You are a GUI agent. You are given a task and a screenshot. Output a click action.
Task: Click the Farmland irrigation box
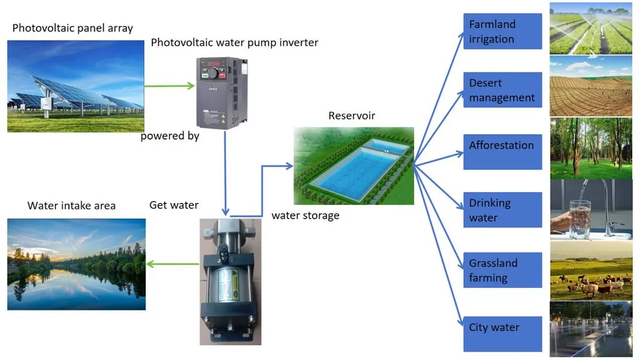502,31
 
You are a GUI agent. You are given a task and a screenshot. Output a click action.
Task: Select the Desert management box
502,90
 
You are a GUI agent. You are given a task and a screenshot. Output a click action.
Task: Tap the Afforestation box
502,152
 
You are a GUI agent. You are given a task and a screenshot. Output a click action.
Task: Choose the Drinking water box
502,210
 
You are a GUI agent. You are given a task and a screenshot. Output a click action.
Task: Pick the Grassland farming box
502,270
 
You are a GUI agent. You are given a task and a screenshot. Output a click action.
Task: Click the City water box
502,333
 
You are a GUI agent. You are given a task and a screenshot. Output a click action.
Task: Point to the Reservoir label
352,115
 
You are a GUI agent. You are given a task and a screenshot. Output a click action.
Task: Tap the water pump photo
230,281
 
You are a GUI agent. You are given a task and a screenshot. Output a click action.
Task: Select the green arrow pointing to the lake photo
172,263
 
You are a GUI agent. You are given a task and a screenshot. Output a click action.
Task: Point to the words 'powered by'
170,136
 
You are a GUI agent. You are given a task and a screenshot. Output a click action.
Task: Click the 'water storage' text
305,216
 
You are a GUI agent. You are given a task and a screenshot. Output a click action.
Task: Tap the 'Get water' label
174,205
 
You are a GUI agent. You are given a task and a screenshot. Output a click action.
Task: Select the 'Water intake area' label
71,206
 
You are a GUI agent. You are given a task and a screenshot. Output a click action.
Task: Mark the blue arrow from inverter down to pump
225,172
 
